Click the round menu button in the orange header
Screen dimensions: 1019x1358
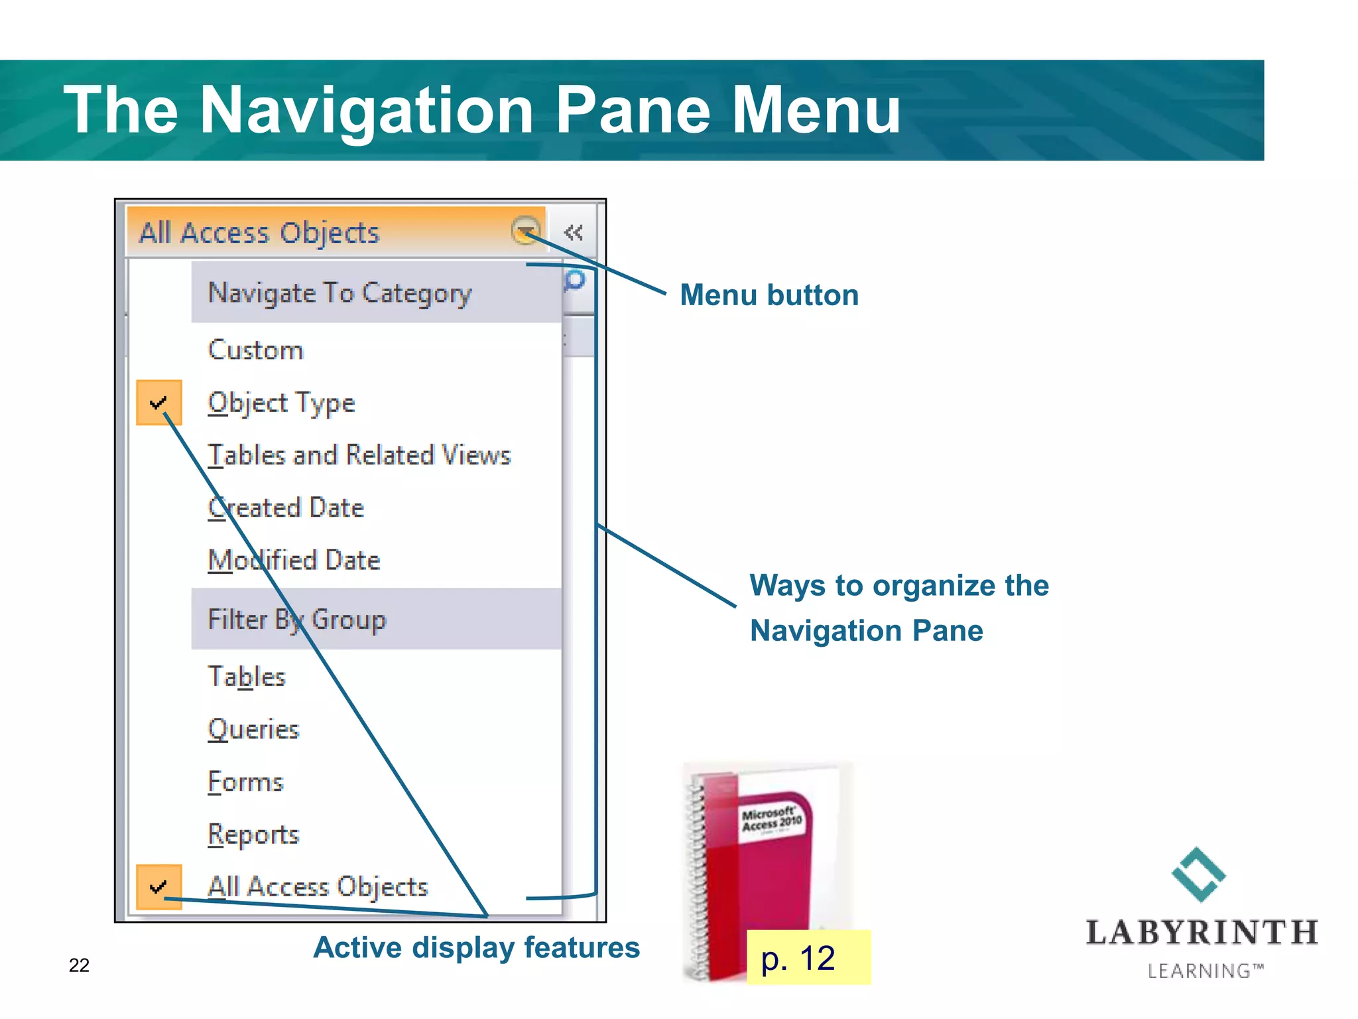(x=525, y=231)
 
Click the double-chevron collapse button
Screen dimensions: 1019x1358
(x=573, y=232)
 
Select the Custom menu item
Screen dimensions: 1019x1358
(x=255, y=350)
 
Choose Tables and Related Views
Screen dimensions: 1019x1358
(x=359, y=456)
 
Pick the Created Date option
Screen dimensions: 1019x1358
(x=286, y=508)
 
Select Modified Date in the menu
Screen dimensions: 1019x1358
(x=294, y=561)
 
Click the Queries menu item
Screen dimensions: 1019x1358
(x=253, y=729)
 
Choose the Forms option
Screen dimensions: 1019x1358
(x=245, y=782)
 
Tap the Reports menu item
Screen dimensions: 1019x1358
(x=253, y=835)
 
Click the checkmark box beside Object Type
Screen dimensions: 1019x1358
(x=158, y=403)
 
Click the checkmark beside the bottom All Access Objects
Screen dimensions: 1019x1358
(x=158, y=886)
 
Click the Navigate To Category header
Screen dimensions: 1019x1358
(x=339, y=293)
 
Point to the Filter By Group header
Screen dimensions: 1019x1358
(x=296, y=619)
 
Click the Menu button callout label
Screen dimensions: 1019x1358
(x=769, y=295)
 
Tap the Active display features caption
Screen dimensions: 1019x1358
(x=476, y=947)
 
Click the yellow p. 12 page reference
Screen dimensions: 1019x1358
(x=808, y=957)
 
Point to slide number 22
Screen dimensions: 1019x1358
(x=79, y=965)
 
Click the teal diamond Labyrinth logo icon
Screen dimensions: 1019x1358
(x=1198, y=874)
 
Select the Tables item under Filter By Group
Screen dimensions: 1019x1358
(x=246, y=677)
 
